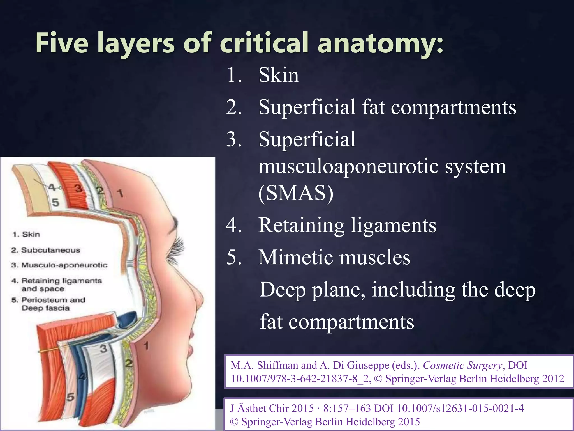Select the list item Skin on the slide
click(279, 75)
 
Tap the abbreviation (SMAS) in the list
click(296, 193)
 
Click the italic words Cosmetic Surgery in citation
click(462, 365)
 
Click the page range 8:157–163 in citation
click(348, 408)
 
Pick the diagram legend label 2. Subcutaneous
click(46, 250)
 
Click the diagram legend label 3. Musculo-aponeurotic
click(59, 265)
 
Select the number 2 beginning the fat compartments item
click(233, 107)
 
